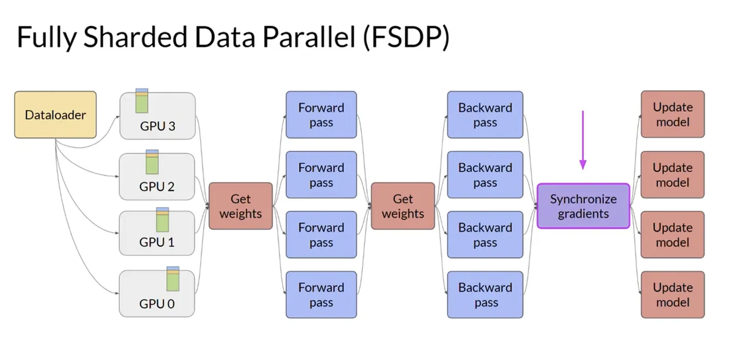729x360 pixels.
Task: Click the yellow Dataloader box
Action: [x=55, y=115]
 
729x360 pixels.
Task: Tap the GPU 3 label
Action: [x=158, y=126]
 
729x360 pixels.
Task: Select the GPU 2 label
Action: [x=157, y=187]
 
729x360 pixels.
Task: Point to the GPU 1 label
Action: [x=157, y=242]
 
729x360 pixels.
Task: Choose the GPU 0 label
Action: [x=157, y=304]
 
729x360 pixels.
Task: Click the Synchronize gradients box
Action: [x=583, y=206]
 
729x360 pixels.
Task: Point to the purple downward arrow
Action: [x=583, y=140]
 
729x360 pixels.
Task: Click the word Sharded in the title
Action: [x=130, y=38]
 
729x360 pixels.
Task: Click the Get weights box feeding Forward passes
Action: [x=241, y=206]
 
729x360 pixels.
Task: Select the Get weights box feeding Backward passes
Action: [x=403, y=206]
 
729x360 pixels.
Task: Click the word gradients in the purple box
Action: [x=583, y=214]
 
